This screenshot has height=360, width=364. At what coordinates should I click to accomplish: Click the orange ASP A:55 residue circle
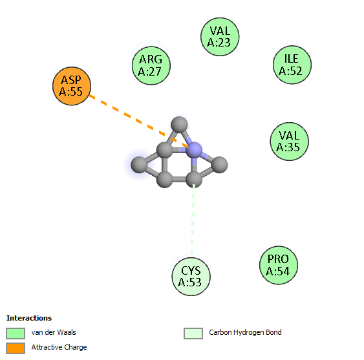72,86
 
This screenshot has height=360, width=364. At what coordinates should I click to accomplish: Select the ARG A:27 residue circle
151,66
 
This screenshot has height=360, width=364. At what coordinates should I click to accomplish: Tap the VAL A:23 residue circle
220,37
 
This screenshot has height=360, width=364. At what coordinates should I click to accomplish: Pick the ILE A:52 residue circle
292,65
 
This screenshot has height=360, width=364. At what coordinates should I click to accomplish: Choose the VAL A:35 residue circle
289,142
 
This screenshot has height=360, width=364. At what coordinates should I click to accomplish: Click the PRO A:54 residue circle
279,265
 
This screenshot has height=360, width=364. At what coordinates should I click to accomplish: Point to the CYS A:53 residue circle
191,277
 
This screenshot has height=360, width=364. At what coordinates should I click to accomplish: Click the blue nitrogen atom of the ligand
195,150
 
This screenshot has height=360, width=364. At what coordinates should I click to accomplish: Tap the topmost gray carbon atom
179,125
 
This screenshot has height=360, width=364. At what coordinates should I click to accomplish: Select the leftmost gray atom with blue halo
139,165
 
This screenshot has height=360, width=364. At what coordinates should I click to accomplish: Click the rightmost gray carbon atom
220,165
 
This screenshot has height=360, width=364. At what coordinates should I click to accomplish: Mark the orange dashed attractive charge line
139,121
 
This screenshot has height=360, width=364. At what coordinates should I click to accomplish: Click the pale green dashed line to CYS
193,219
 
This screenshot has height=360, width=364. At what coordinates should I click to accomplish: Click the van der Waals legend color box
16,334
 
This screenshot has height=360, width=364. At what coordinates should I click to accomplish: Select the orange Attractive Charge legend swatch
16,348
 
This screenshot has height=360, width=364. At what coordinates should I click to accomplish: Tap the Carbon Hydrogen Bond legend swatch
193,334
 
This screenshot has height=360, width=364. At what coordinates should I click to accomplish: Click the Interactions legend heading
29,318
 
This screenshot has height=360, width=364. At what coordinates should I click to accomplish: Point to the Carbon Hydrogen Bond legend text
245,332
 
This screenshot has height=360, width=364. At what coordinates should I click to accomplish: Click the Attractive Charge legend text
59,347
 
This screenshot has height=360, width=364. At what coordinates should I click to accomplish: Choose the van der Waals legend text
54,332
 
